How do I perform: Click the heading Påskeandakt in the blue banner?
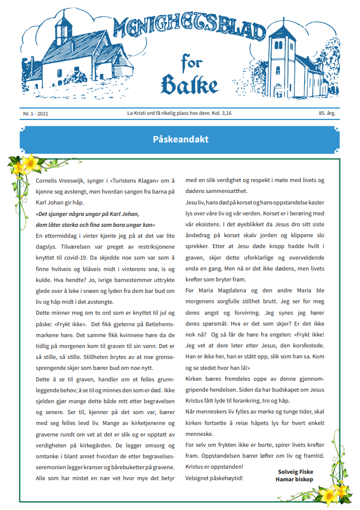pyautogui.click(x=180, y=140)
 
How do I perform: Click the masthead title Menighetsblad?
pyautogui.click(x=189, y=31)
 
